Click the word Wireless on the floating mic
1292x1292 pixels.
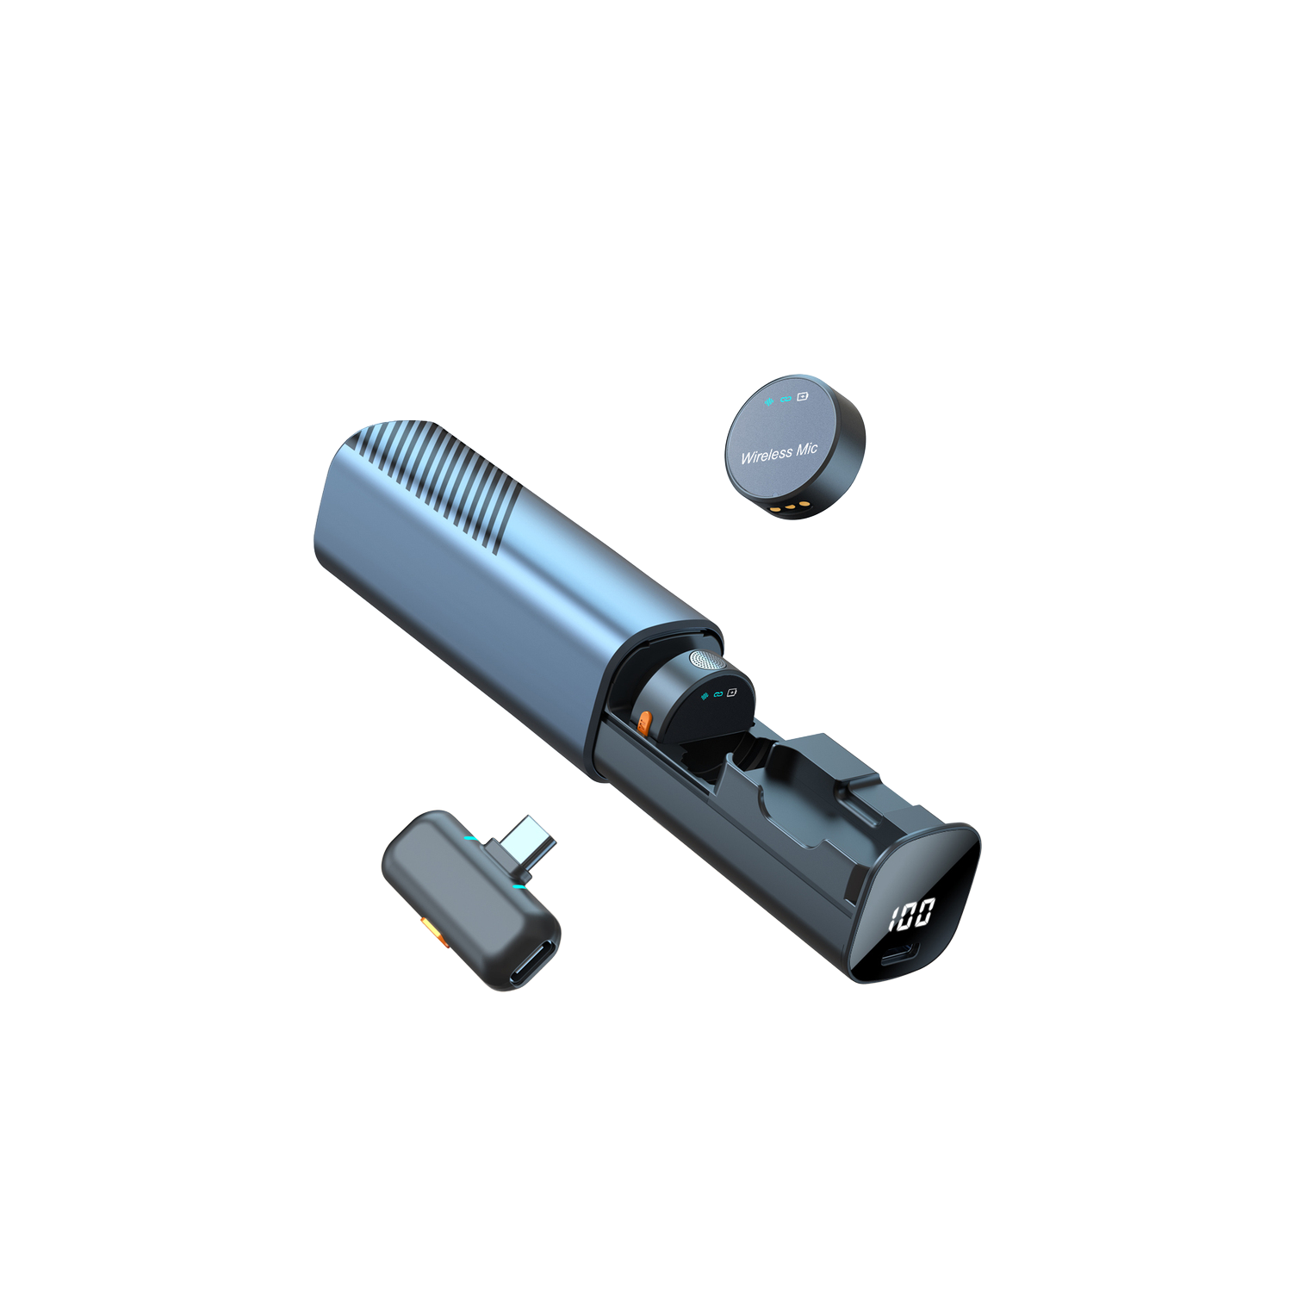click(x=767, y=455)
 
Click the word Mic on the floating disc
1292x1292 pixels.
click(x=806, y=449)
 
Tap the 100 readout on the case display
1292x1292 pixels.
click(x=911, y=914)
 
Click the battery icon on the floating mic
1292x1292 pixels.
click(x=803, y=396)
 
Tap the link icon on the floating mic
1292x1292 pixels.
click(x=785, y=400)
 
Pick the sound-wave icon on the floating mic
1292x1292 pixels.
click(x=768, y=402)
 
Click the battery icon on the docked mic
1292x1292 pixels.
click(x=732, y=692)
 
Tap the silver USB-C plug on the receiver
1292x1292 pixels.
click(x=528, y=840)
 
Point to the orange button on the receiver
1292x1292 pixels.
click(x=428, y=929)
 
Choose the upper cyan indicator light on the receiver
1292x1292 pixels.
click(x=470, y=837)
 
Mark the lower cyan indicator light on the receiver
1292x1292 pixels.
click(x=519, y=885)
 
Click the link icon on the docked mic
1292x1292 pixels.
click(x=718, y=693)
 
